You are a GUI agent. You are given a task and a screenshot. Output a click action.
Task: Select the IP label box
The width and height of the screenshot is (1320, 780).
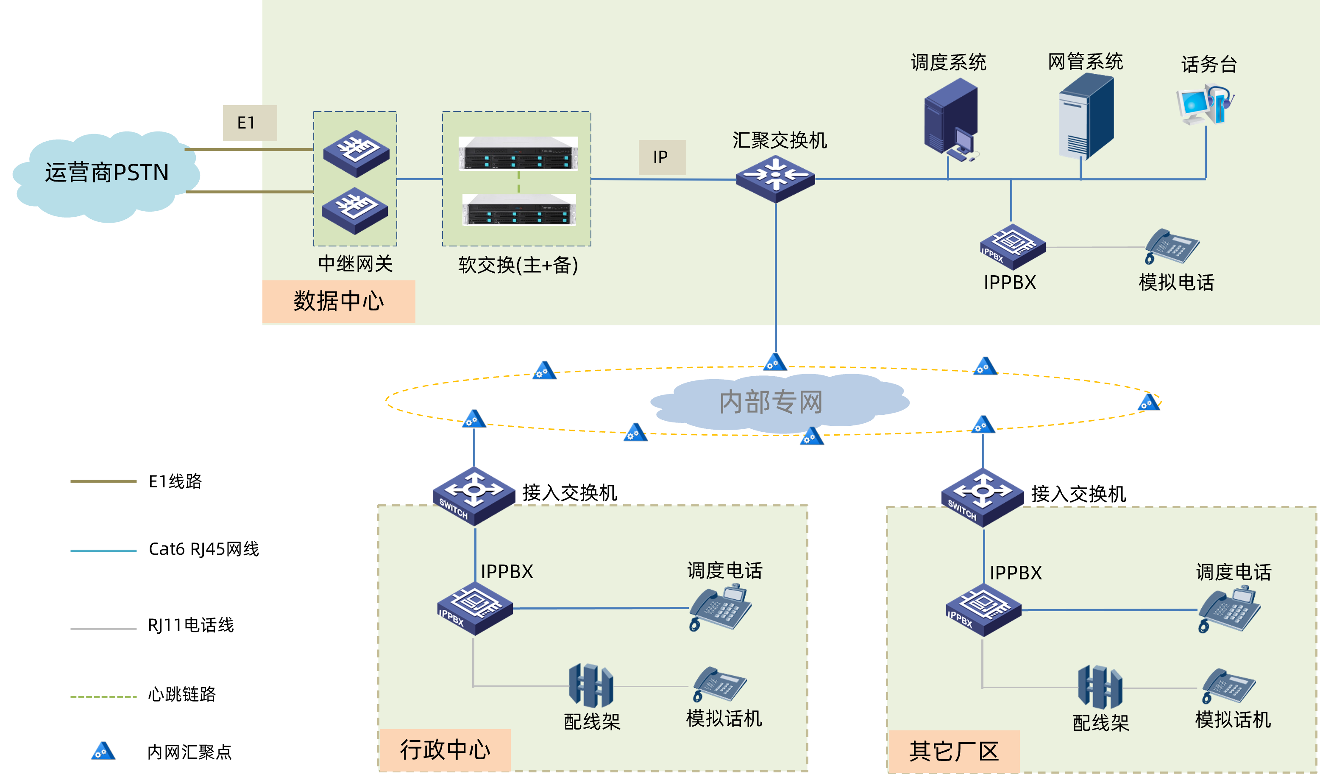coord(662,157)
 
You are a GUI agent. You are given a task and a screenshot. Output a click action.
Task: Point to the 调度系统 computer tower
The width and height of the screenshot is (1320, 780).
coord(951,118)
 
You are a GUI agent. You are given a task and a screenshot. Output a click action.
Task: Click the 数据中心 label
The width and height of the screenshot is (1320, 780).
coord(339,301)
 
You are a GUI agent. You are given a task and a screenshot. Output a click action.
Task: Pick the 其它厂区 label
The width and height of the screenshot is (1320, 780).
coord(953,751)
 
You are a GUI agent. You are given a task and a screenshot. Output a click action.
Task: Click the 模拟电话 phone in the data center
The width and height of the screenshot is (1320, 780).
coord(1172,246)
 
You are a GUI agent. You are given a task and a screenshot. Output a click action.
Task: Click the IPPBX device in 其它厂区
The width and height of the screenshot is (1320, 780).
coord(983,609)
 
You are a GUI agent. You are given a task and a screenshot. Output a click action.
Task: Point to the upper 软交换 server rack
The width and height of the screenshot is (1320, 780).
coord(518,154)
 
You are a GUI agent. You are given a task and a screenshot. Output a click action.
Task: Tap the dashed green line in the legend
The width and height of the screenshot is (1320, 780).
coord(103,697)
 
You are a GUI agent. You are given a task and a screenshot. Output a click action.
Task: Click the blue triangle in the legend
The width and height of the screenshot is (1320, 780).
coord(103,751)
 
